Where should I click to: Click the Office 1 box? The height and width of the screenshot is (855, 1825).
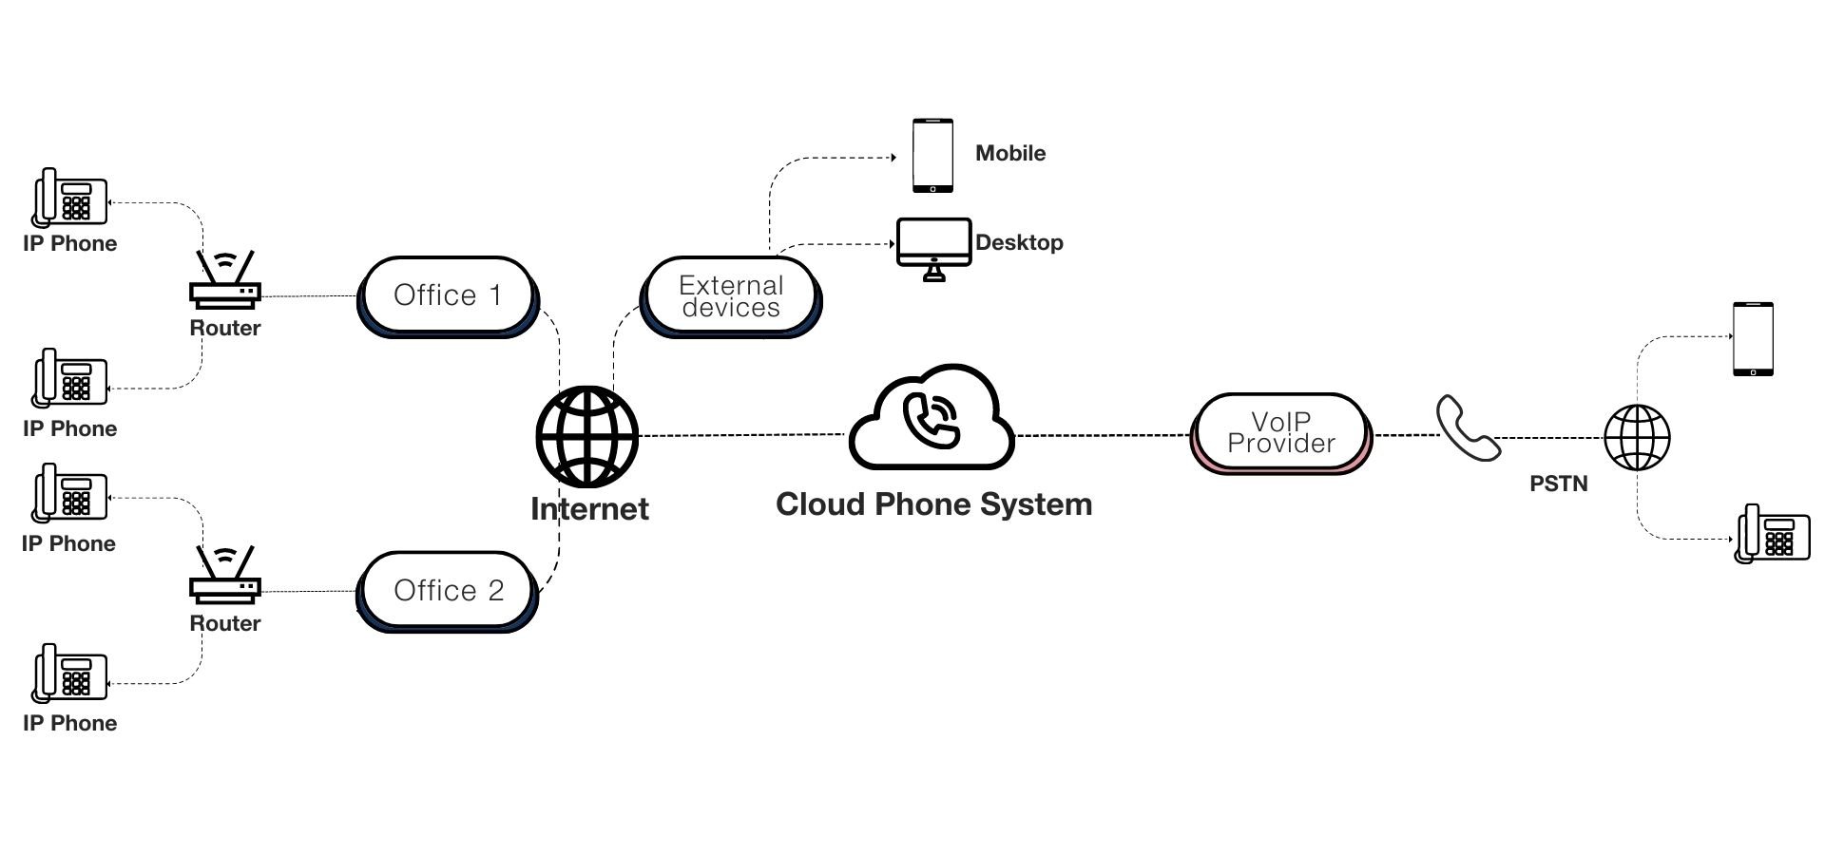click(x=447, y=295)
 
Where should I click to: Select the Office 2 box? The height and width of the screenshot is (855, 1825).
click(x=447, y=591)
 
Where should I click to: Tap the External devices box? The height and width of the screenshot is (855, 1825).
click(x=730, y=296)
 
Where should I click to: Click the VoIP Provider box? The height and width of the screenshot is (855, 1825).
click(x=1280, y=433)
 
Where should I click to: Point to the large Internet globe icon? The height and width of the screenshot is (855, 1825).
click(x=586, y=436)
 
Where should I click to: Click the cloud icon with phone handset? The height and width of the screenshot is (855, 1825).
click(x=932, y=418)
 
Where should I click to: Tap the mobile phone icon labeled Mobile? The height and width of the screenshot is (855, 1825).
click(x=932, y=155)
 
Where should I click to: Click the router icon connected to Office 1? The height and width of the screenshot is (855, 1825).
click(x=224, y=281)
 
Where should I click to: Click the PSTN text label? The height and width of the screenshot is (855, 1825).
click(x=1558, y=484)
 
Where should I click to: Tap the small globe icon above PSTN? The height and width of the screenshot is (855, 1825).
click(x=1637, y=437)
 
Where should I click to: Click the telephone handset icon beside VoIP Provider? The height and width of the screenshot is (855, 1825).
click(x=1467, y=428)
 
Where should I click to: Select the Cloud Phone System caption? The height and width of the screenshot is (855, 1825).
click(x=933, y=504)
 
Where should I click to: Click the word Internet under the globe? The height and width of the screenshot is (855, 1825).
click(x=589, y=509)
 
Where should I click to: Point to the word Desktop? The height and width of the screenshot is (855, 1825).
click(x=1019, y=242)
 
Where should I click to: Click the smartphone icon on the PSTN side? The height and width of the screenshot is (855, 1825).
click(x=1753, y=339)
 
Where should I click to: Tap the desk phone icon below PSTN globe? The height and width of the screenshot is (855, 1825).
click(x=1772, y=534)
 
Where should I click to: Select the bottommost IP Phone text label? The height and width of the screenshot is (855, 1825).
click(x=70, y=723)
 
